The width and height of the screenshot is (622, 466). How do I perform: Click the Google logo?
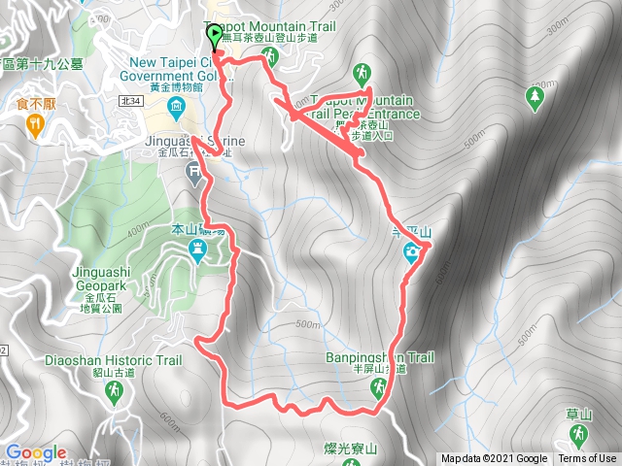click(35, 452)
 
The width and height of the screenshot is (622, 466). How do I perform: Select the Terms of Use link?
click(587, 459)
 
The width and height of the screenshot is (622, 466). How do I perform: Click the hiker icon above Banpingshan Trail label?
click(377, 388)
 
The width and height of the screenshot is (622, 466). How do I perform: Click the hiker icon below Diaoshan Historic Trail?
click(114, 390)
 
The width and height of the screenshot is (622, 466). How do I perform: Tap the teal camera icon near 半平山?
click(412, 253)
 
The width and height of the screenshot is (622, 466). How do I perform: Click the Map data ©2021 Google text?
click(494, 459)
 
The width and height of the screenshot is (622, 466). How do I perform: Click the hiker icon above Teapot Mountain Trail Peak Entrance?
click(362, 73)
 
